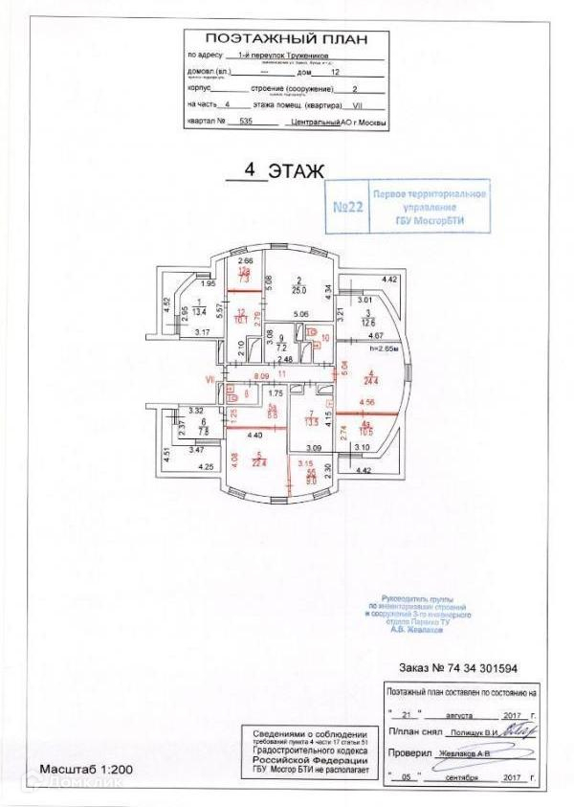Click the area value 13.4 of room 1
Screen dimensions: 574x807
[x=199, y=311]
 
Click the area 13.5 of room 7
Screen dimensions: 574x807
[x=310, y=418]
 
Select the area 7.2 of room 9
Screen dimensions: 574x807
[x=281, y=347]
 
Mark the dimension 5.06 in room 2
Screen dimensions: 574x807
[x=299, y=314]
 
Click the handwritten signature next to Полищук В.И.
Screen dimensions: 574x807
[x=524, y=731]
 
